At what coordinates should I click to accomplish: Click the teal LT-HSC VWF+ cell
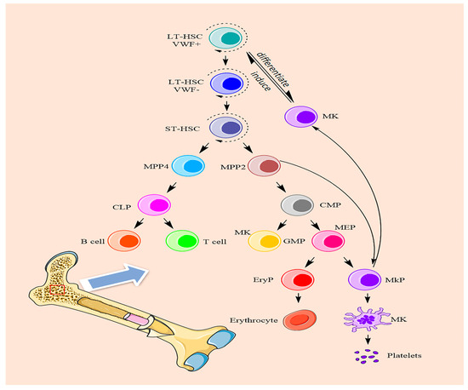226,39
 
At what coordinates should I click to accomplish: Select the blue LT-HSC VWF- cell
226,83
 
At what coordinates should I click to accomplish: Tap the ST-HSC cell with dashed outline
226,128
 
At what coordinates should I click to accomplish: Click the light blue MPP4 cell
189,168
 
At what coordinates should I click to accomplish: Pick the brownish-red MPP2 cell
265,168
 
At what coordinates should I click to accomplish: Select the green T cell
181,241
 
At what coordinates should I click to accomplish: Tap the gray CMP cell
299,205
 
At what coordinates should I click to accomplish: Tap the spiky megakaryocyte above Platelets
366,322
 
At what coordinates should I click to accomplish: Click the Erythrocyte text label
252,323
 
